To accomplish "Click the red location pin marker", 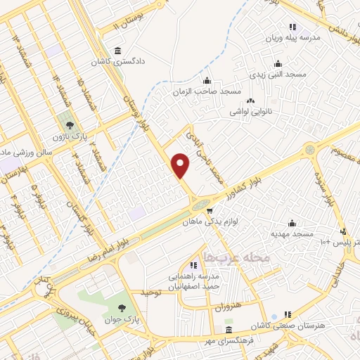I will tap(181, 165).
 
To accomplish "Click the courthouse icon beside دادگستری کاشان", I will tap(117, 51).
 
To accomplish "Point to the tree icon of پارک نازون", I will tap(68, 120).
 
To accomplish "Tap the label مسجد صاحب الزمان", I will tap(207, 91).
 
